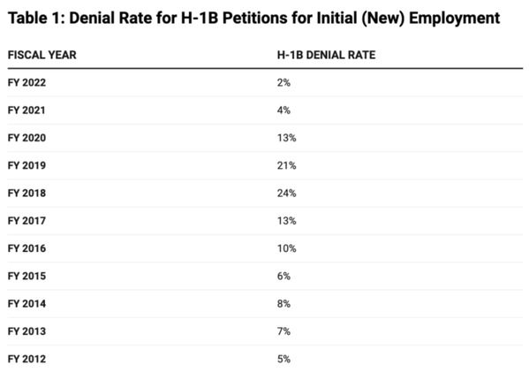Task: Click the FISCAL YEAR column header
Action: [42, 55]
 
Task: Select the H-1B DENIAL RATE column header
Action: [326, 55]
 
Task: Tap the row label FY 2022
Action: [26, 83]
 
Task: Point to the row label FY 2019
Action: [26, 166]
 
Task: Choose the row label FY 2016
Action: [26, 248]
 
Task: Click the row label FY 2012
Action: [26, 359]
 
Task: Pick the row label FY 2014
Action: [26, 304]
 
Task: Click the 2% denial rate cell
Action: [283, 83]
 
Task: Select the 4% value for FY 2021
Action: [283, 110]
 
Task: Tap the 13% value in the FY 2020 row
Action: [287, 138]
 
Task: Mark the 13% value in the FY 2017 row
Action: [287, 221]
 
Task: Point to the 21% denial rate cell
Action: [287, 166]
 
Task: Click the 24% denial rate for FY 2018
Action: [287, 194]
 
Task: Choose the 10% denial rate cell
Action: [287, 248]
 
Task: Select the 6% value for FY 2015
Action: [283, 277]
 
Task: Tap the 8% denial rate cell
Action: [283, 304]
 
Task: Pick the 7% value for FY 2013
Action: [283, 331]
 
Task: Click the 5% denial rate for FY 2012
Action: [283, 359]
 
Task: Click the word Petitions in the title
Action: [254, 19]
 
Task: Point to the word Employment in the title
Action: [455, 19]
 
